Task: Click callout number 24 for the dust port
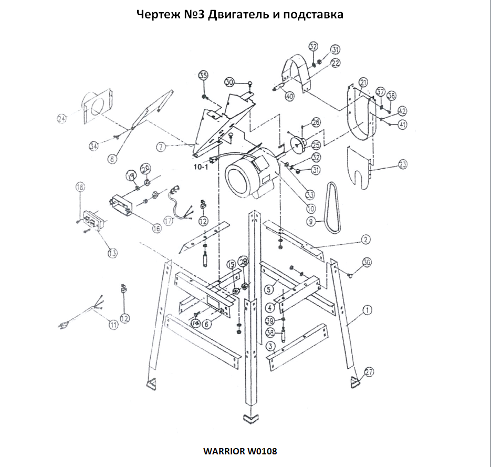[x=62, y=119]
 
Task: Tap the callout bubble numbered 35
[x=203, y=75]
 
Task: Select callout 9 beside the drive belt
[x=311, y=222]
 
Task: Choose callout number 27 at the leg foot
[x=369, y=372]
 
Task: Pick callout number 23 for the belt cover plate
[x=403, y=164]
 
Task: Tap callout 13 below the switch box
[x=112, y=253]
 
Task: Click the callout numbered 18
[x=80, y=186]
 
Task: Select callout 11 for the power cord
[x=113, y=325]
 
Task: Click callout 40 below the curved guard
[x=290, y=96]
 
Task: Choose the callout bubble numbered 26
[x=316, y=122]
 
